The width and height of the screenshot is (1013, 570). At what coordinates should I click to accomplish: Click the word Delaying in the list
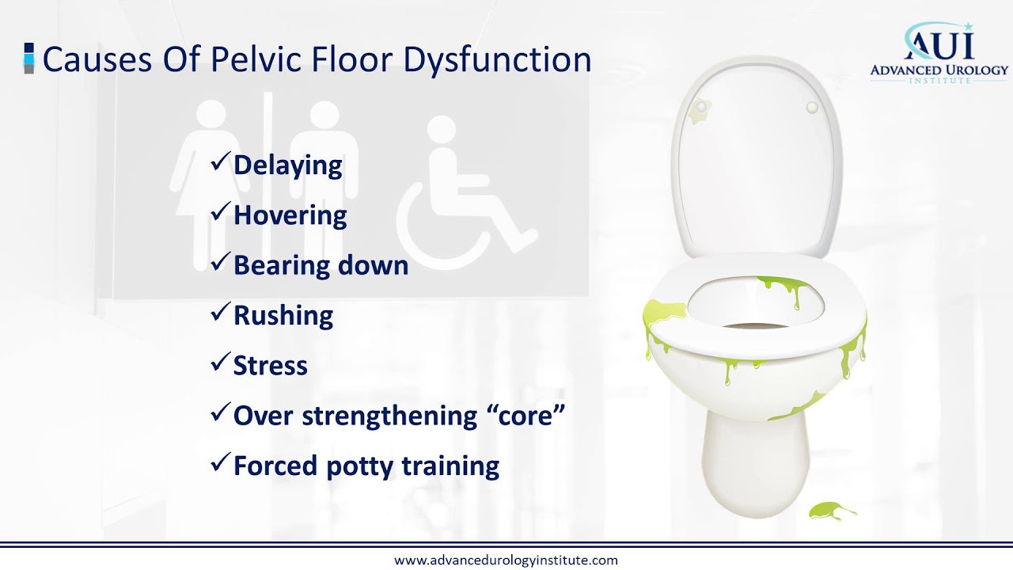(x=288, y=165)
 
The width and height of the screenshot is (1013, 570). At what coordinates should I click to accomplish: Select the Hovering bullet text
(x=290, y=215)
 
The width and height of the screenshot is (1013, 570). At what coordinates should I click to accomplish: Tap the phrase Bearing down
(x=321, y=265)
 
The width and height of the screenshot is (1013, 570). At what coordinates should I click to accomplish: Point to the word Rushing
(x=283, y=315)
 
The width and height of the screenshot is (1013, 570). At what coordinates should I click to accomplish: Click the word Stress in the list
(x=270, y=366)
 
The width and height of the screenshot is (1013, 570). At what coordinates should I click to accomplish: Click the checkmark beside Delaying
(x=219, y=164)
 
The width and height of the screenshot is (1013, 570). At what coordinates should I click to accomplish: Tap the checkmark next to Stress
(x=219, y=364)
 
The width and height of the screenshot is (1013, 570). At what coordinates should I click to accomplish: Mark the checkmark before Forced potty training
(x=219, y=464)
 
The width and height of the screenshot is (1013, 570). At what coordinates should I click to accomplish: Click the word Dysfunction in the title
(x=490, y=60)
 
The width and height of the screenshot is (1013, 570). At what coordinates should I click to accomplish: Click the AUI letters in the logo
(x=939, y=42)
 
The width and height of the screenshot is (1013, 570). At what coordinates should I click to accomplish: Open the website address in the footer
(x=506, y=560)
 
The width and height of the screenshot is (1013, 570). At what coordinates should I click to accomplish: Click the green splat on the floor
(x=831, y=511)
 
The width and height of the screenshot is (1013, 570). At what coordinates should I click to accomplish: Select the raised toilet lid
(x=756, y=158)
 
